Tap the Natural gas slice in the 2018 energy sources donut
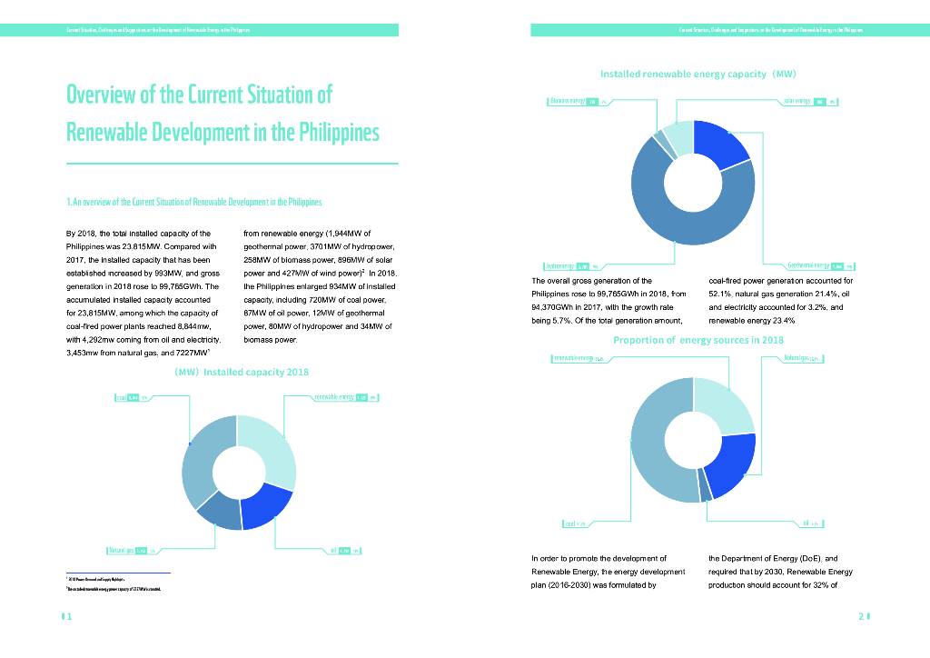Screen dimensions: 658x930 pos(729,464)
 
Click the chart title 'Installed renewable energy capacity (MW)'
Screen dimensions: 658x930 pos(697,73)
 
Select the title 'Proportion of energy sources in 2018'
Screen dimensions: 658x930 pos(697,340)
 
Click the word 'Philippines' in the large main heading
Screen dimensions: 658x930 pos(326,133)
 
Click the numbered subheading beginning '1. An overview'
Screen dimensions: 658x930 pos(194,202)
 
